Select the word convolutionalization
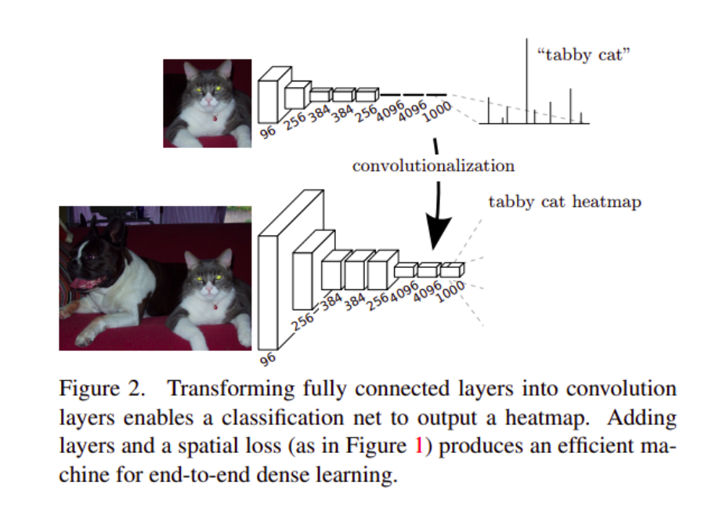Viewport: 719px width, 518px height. pyautogui.click(x=433, y=165)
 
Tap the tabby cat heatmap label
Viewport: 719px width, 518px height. pyautogui.click(x=564, y=201)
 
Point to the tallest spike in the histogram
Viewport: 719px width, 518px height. pyautogui.click(x=526, y=78)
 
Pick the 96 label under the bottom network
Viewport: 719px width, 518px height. pyautogui.click(x=268, y=359)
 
